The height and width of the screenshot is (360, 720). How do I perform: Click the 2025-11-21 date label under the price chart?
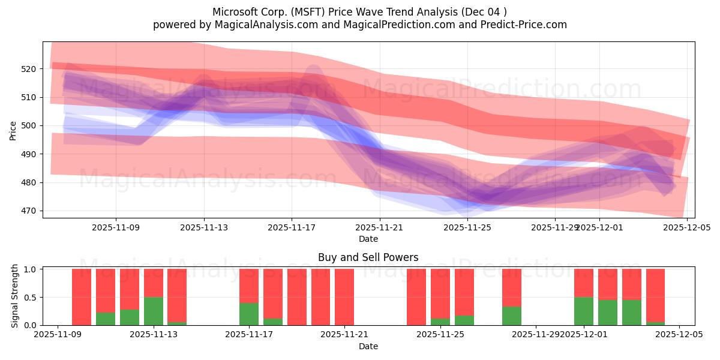[x=380, y=227]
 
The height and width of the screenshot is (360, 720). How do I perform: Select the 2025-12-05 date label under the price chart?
[x=687, y=227]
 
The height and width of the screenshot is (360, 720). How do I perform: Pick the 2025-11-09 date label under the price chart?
[x=116, y=227]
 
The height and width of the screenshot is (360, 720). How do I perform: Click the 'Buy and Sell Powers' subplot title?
[x=368, y=257]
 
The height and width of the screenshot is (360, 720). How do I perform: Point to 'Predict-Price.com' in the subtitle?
[x=520, y=25]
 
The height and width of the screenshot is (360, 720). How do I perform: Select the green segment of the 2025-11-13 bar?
[x=154, y=311]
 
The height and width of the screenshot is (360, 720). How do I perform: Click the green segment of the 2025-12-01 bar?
[x=584, y=311]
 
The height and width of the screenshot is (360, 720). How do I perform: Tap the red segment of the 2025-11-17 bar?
[x=249, y=286]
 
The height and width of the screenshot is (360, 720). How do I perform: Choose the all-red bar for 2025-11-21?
[x=344, y=297]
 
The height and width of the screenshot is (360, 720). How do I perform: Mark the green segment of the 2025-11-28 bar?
[x=512, y=316]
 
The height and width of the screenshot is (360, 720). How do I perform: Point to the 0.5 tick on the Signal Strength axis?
[x=30, y=298]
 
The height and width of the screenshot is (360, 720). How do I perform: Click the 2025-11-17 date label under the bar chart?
[x=249, y=335]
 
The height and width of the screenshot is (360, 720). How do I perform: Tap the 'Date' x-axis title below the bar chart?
[x=368, y=346]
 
